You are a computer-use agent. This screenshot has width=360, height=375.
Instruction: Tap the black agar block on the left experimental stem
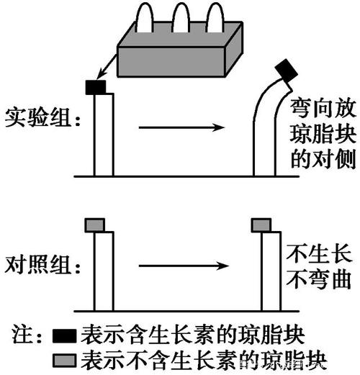point(96,87)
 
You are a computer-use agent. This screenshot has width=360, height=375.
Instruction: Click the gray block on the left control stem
point(95,225)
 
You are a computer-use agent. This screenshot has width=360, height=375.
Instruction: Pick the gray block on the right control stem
point(261,225)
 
